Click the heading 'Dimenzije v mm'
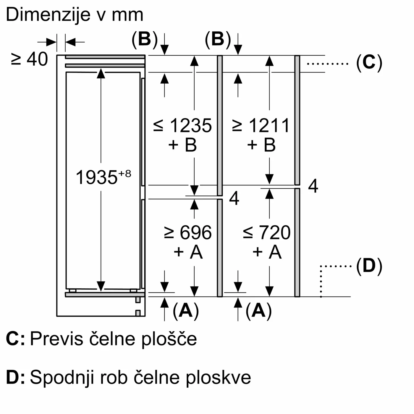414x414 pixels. [75, 15]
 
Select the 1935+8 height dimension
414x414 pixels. [103, 177]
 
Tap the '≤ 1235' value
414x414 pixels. [183, 125]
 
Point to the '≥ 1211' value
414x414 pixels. [261, 125]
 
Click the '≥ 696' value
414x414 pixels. [188, 232]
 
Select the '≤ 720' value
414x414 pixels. [267, 232]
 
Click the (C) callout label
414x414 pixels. [369, 63]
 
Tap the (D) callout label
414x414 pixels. [369, 266]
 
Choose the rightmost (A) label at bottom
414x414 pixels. [259, 310]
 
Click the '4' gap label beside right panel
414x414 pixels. [313, 186]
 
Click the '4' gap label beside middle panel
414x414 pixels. [234, 199]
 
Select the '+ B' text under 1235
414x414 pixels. [182, 145]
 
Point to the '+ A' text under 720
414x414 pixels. [267, 252]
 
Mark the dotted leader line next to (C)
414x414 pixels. [328, 63]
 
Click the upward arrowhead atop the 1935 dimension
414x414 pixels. [101, 73]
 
